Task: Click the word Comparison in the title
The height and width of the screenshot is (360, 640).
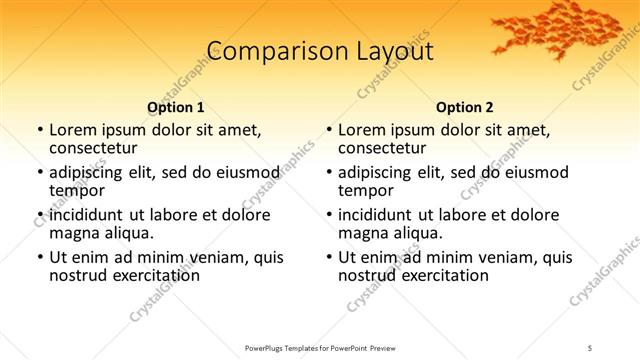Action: click(x=261, y=53)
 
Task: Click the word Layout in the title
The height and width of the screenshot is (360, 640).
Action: click(x=393, y=53)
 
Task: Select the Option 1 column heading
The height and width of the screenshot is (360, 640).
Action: click(x=176, y=107)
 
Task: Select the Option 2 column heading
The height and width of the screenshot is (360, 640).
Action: click(x=465, y=107)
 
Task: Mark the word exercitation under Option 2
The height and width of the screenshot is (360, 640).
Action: click(x=445, y=276)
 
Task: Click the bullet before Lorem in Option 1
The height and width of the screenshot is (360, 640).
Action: click(x=39, y=130)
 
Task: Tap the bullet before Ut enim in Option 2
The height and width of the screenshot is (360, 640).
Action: click(x=328, y=257)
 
